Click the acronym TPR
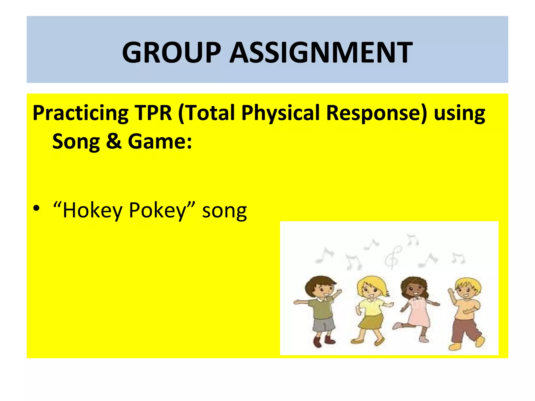(x=153, y=113)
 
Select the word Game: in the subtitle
(x=160, y=141)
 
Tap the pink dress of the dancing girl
(x=418, y=313)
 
